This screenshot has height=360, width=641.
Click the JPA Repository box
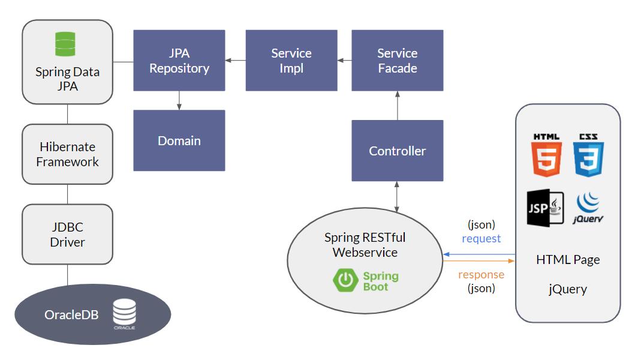[x=179, y=61]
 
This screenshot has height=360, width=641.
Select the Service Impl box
[x=291, y=61]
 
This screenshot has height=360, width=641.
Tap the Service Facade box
[x=397, y=61]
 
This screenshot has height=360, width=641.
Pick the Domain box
[x=179, y=140]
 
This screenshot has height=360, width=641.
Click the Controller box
[x=397, y=151]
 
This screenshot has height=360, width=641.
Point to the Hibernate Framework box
[x=68, y=154]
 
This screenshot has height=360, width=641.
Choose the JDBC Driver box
[x=68, y=235]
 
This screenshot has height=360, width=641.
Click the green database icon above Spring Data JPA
[x=67, y=44]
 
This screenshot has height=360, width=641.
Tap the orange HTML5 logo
[x=546, y=155]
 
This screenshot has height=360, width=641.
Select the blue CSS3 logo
[x=588, y=155]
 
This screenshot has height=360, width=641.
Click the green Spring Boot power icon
[x=345, y=281]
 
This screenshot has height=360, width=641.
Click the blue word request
[x=481, y=238]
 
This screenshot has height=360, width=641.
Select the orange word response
[x=481, y=275]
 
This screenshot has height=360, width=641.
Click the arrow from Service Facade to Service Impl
[x=345, y=61]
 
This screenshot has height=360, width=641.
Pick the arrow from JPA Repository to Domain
[x=179, y=100]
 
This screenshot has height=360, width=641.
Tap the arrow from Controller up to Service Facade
[x=397, y=106]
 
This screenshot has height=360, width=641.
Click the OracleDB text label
[x=71, y=315]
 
